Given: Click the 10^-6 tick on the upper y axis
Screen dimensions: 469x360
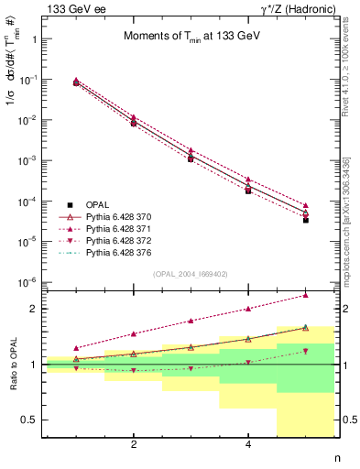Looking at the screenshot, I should [x=29, y=282].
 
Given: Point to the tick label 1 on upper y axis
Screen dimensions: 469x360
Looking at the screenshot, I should [x=35, y=39].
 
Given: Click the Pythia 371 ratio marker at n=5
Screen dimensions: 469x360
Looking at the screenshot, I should [x=305, y=296].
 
